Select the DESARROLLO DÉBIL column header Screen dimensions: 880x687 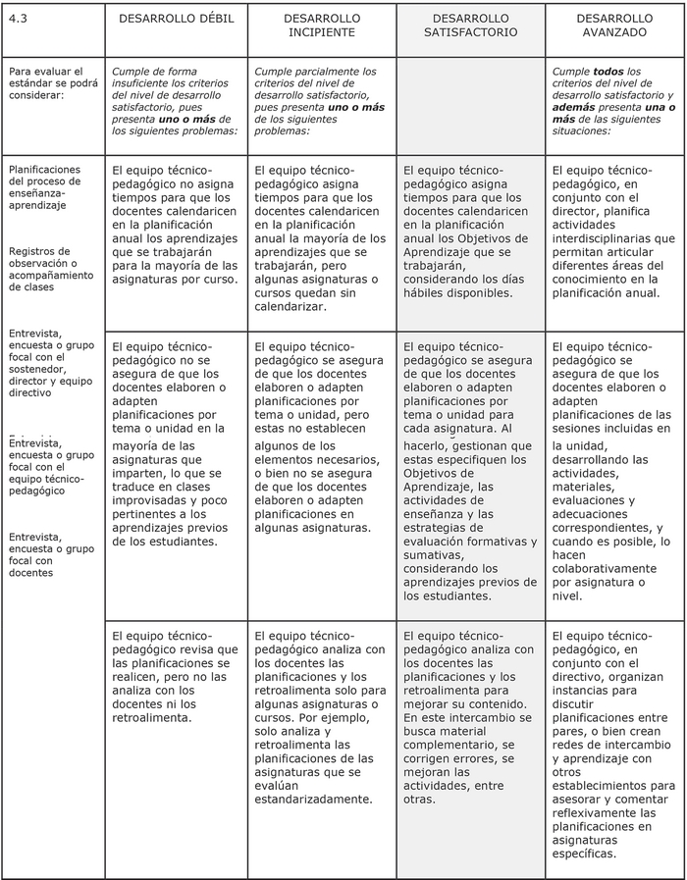(x=177, y=19)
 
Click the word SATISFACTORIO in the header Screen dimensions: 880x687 (x=469, y=32)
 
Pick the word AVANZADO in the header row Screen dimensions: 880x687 (x=614, y=32)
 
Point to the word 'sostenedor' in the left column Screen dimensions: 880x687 (x=37, y=357)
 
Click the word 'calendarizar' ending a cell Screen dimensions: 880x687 (x=291, y=306)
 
